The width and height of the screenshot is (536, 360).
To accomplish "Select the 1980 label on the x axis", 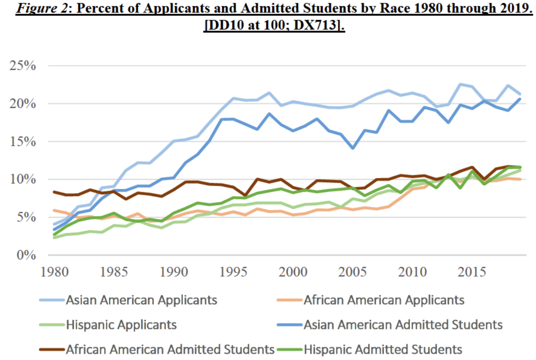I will pos(54,273).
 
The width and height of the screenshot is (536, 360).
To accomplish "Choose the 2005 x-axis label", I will pos(353,273).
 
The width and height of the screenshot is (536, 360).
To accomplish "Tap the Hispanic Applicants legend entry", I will pos(121,325).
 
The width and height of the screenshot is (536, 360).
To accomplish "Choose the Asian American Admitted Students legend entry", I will pos(403,325).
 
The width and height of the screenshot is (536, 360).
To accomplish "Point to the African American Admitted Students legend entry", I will pos(170,350).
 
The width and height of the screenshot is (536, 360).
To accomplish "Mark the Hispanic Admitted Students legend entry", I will pos(383,350).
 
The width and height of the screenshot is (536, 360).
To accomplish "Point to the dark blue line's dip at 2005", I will pos(353,148).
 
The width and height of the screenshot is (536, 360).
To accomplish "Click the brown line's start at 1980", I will pos(54,192).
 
